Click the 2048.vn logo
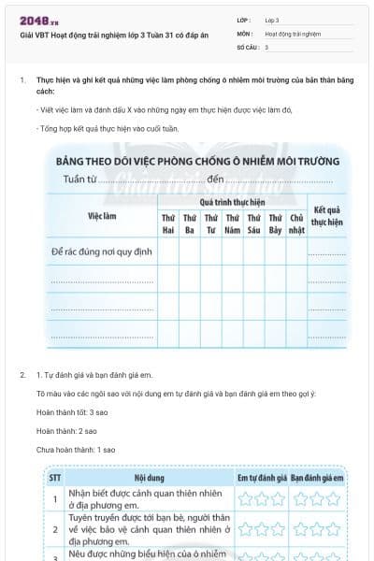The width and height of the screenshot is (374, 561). tap(36, 20)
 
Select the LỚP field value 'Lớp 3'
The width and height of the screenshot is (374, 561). tap(272, 20)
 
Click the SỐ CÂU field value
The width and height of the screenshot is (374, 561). tap(267, 46)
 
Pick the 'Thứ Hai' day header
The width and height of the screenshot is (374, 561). tap(169, 223)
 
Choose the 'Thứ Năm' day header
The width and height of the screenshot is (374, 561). tap(233, 223)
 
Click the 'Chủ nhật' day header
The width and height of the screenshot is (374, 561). tap(296, 223)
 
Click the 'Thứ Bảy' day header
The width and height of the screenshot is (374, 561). tap(275, 223)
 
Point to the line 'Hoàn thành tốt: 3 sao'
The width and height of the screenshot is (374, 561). tap(65, 412)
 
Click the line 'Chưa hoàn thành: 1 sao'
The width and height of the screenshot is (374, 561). tap(69, 450)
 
